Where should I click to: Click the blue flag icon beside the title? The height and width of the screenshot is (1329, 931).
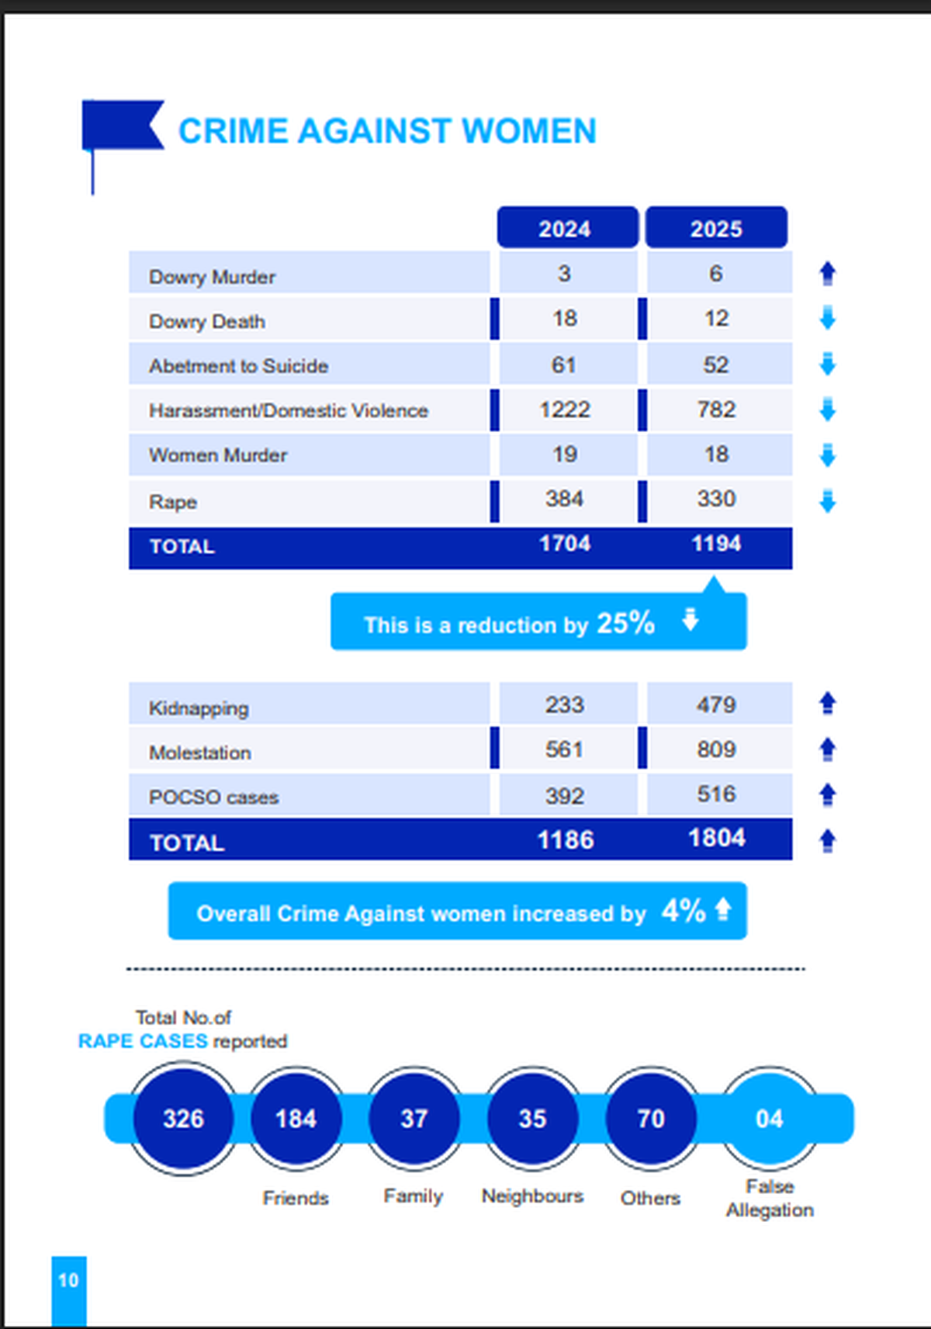point(121,126)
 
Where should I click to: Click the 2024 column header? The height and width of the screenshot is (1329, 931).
point(566,228)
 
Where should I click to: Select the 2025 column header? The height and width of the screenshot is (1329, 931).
point(716,228)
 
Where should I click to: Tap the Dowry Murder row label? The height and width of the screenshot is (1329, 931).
point(212,277)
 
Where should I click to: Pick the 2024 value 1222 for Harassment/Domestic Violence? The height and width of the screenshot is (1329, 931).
point(565,410)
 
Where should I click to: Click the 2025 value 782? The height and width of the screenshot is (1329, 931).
point(716,410)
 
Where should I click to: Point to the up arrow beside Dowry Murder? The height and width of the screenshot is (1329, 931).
point(828,273)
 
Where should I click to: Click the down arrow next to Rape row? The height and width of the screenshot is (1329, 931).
point(828,501)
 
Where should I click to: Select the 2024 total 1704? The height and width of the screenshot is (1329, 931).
point(565,544)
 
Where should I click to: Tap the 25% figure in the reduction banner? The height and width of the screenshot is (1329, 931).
point(625,623)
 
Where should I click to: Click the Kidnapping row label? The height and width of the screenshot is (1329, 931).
point(199,708)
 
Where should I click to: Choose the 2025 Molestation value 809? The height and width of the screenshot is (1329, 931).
point(716,749)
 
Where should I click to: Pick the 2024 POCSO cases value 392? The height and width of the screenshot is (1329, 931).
point(564,796)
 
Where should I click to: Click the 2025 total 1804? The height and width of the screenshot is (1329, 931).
point(717,839)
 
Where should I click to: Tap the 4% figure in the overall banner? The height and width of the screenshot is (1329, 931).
point(684,911)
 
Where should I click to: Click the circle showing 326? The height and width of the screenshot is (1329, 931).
point(183,1119)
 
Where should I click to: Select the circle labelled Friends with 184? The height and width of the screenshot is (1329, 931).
point(296,1119)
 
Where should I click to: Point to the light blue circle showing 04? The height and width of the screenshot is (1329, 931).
point(770,1119)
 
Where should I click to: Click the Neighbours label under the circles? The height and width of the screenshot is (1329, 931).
point(532,1196)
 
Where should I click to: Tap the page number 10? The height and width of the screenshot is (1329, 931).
point(68,1280)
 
